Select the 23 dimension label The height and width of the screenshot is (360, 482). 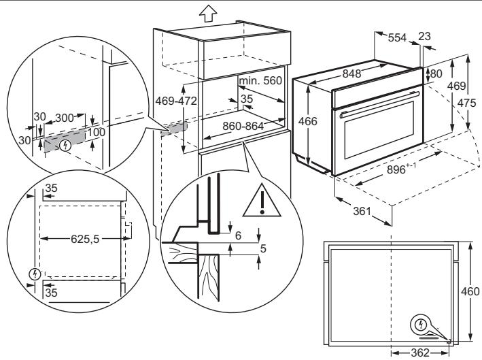coord(426,35)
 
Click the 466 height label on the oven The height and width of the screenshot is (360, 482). coord(309,121)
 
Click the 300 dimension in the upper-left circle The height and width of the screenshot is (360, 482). coord(66,117)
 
